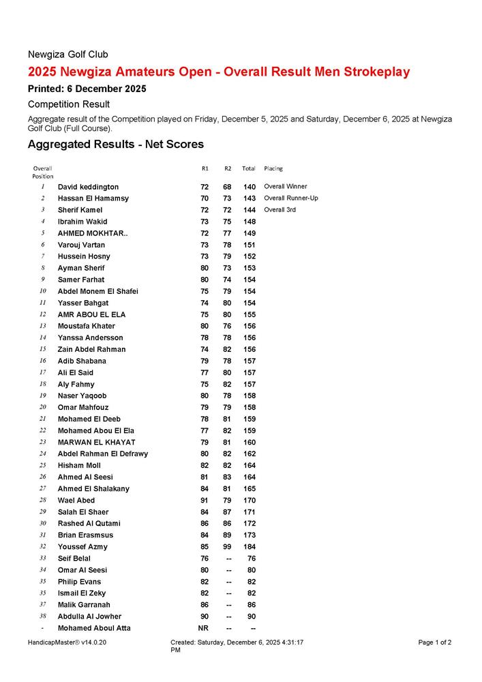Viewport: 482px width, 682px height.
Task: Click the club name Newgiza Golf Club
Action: click(x=67, y=55)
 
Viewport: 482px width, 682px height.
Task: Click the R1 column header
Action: click(x=205, y=168)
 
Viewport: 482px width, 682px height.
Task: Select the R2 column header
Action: click(x=228, y=168)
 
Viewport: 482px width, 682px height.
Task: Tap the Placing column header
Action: click(x=273, y=168)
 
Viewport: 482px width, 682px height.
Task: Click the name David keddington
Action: click(x=88, y=187)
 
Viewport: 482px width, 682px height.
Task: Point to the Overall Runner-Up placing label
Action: click(x=291, y=198)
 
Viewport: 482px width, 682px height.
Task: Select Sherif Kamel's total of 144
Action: click(x=250, y=210)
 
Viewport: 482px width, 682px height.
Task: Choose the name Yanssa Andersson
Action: click(x=91, y=338)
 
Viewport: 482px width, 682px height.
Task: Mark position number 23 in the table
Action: click(x=42, y=442)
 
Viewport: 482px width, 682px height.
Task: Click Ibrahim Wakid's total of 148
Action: click(x=250, y=222)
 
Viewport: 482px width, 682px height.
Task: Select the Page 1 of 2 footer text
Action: click(x=435, y=642)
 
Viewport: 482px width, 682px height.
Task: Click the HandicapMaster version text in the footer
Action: click(x=67, y=642)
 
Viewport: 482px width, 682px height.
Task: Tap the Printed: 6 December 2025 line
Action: click(x=87, y=89)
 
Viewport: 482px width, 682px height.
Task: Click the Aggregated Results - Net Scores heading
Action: click(x=115, y=145)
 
